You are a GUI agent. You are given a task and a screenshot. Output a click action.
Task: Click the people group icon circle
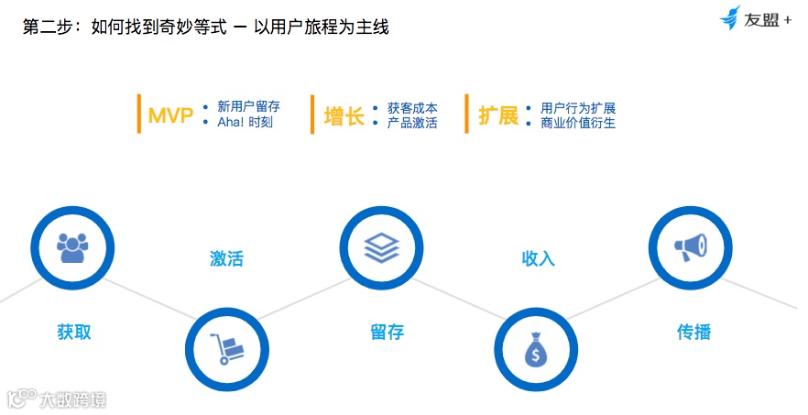coord(72,246)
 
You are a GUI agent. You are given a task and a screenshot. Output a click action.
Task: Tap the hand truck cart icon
coord(227,349)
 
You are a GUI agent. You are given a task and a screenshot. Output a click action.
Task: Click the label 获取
coord(73,332)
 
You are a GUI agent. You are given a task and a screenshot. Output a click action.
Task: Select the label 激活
coord(226,258)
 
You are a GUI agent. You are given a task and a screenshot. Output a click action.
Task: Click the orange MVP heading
coord(170,116)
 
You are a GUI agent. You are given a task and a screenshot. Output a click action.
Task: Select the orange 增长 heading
coord(344,116)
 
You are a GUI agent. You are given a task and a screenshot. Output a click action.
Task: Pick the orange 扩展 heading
coord(498,116)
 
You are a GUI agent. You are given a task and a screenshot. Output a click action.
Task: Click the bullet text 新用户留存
coord(248,107)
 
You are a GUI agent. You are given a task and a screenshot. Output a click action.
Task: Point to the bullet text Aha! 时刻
coord(245,123)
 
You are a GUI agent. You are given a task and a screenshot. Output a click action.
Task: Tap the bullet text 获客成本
coord(412,107)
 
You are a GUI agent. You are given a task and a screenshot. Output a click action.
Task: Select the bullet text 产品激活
coord(412,123)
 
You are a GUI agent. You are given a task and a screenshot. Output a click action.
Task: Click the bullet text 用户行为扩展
coord(578,107)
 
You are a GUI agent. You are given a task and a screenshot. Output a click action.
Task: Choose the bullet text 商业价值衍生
coord(578,123)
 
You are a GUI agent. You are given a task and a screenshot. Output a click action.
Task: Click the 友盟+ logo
coord(756,19)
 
